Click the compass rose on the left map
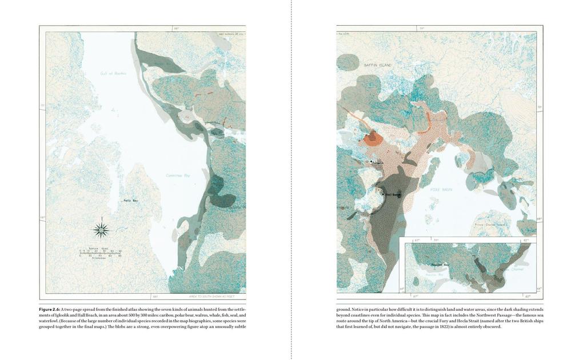[101, 230]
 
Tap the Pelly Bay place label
[131, 201]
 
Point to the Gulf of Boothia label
[113, 73]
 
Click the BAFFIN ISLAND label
[377, 66]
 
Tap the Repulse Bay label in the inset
[440, 265]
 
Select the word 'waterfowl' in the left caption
[48, 321]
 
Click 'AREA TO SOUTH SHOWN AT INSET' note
[211, 297]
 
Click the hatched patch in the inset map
[481, 265]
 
